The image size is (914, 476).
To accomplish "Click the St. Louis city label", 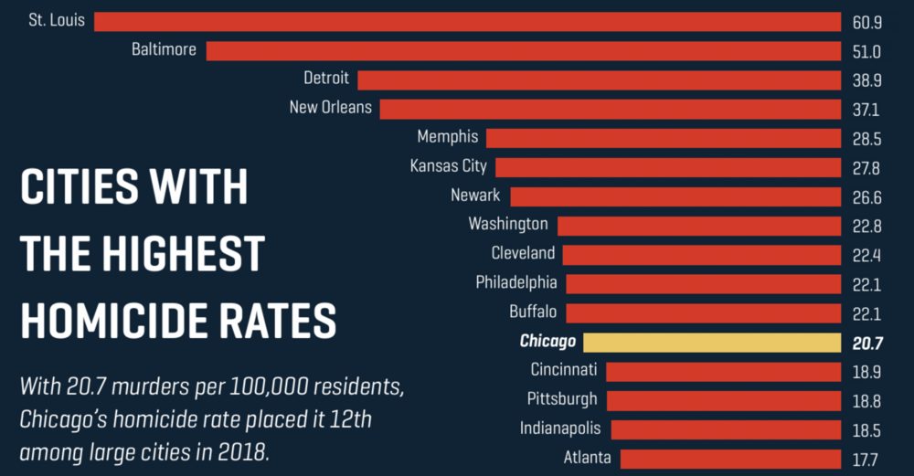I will (x=57, y=19).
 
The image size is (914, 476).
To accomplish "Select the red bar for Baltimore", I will (x=523, y=50).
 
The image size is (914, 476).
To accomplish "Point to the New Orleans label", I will (x=331, y=108).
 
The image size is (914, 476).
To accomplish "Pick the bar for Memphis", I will (x=663, y=138).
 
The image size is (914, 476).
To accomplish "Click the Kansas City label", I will (x=449, y=166).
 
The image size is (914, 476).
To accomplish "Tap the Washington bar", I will (x=698, y=226).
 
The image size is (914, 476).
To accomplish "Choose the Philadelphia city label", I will (x=516, y=282).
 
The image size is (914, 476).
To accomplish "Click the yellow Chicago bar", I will (x=711, y=343).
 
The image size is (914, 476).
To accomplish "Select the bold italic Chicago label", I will (x=547, y=342).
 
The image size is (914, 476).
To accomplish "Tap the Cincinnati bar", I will (x=722, y=371).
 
